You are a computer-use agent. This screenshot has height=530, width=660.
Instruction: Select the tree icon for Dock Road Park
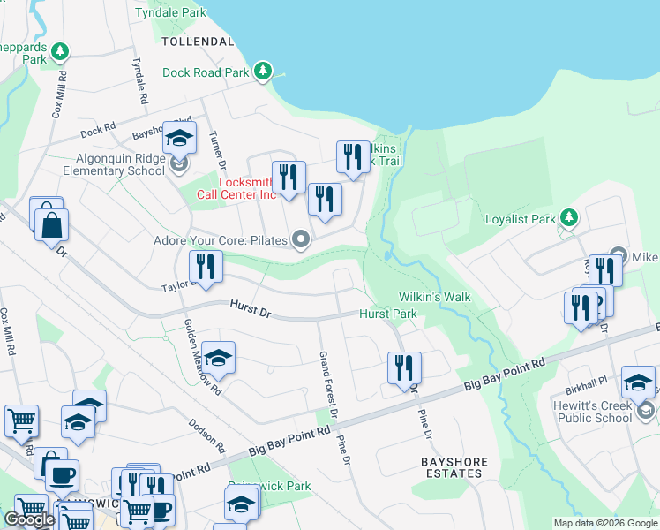[x=263, y=72]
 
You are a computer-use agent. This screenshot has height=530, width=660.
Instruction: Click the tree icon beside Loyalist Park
[x=570, y=217]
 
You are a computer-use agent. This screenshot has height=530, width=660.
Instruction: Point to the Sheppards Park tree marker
[x=60, y=52]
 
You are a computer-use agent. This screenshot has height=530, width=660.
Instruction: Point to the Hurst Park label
[x=387, y=314]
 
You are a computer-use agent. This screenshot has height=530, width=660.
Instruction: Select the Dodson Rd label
[x=207, y=429]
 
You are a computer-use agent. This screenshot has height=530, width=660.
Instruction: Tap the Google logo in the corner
[x=29, y=519]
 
